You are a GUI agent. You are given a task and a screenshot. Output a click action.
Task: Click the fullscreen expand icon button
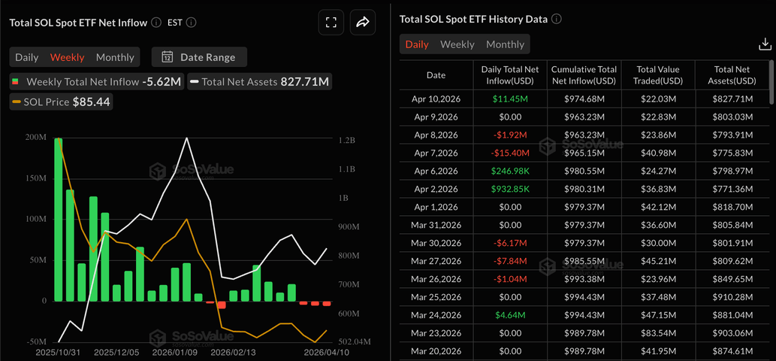[x=331, y=23]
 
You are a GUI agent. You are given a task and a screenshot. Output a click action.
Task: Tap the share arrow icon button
[x=363, y=23]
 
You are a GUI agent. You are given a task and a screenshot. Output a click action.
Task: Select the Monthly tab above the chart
[x=115, y=57]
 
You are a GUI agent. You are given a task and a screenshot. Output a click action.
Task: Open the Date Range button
[x=199, y=57]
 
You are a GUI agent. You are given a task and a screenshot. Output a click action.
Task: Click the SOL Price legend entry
[x=62, y=102]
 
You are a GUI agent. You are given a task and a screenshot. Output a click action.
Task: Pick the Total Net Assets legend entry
[x=260, y=81]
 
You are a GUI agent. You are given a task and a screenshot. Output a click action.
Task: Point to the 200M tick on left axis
[x=35, y=138]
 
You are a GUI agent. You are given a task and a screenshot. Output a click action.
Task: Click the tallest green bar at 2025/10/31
[x=59, y=218]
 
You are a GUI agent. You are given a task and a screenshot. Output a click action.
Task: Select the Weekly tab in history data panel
[x=457, y=44]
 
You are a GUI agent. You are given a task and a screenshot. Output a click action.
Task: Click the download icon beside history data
[x=765, y=44]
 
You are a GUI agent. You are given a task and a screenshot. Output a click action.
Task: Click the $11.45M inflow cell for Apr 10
[x=510, y=99]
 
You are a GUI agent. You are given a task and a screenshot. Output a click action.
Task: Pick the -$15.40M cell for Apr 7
[x=510, y=153]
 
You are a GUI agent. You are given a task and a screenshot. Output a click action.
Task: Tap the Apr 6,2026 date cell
[x=436, y=171]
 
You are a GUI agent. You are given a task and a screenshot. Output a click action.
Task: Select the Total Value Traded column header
[x=658, y=74]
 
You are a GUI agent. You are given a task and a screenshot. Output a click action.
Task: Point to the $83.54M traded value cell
[x=658, y=332]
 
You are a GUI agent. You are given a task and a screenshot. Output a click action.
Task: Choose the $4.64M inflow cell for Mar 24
[x=510, y=314]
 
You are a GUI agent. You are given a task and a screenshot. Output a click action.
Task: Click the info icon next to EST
[x=191, y=23]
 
